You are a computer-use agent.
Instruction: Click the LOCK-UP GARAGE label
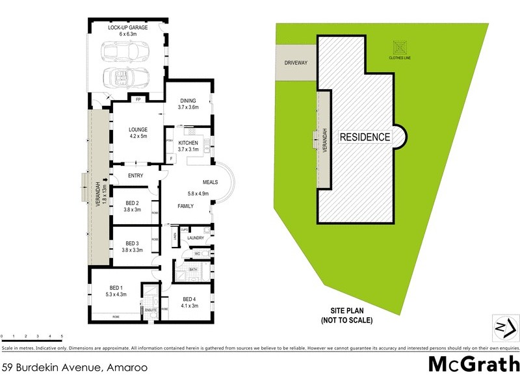pyautogui.click(x=127, y=28)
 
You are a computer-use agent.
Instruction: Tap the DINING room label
pyautogui.click(x=188, y=101)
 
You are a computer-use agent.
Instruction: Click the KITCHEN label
pyautogui.click(x=188, y=142)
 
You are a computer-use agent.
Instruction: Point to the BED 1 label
pyautogui.click(x=115, y=288)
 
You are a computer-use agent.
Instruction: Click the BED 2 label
pyautogui.click(x=133, y=203)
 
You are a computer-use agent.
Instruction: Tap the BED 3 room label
pyautogui.click(x=133, y=243)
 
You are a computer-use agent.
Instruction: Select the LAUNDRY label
pyautogui.click(x=196, y=239)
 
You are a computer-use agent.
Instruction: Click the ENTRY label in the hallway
pyautogui.click(x=136, y=175)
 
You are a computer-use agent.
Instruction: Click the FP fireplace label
pyautogui.click(x=138, y=99)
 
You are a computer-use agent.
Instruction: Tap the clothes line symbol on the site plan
pyautogui.click(x=399, y=47)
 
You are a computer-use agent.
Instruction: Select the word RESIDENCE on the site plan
pyautogui.click(x=364, y=137)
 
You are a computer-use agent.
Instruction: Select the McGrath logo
pyautogui.click(x=474, y=364)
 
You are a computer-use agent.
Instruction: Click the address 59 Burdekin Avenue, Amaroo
pyautogui.click(x=74, y=367)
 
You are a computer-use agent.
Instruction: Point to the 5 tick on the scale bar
pyautogui.click(x=62, y=336)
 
